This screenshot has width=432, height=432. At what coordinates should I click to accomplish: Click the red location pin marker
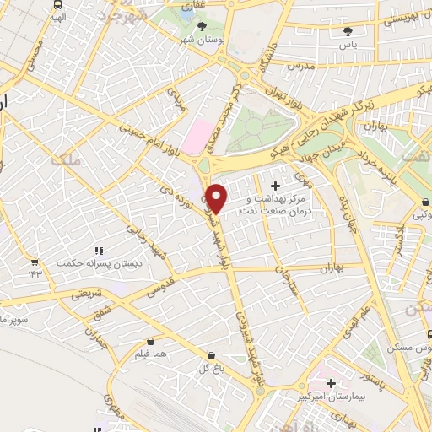click(217, 198)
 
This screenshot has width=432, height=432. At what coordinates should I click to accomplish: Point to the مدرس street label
click(301, 65)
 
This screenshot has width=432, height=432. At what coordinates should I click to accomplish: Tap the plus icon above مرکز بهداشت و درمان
click(275, 185)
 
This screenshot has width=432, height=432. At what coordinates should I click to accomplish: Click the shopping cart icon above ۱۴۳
click(35, 262)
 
